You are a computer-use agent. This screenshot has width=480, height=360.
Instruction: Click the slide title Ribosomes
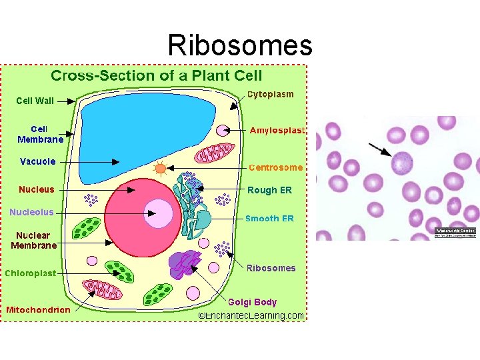tap(240, 45)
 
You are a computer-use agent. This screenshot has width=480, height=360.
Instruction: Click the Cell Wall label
tap(35, 101)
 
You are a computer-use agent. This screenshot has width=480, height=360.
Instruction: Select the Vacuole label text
tap(38, 161)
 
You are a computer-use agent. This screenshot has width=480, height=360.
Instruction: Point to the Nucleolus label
tap(31, 213)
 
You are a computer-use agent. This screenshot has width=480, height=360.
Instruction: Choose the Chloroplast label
tap(31, 273)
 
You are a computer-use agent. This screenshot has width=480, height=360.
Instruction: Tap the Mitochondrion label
tap(38, 309)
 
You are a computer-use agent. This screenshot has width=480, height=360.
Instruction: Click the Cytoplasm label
tap(271, 95)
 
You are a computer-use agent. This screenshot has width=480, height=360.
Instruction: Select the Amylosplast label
tap(277, 131)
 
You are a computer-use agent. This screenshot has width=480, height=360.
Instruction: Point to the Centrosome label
tap(275, 167)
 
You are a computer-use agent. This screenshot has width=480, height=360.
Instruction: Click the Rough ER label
tap(269, 190)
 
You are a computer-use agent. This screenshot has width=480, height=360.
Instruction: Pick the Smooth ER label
tap(269, 218)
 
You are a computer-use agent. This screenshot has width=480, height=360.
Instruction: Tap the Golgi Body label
tap(253, 302)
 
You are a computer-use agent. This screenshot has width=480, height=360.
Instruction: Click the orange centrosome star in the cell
tap(160, 169)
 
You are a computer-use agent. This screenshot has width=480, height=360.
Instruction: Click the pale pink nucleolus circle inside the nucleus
tap(159, 213)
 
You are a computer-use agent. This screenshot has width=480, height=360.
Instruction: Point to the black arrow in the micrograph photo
tap(380, 149)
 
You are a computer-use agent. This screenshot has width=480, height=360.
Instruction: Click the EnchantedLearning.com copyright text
tap(251, 315)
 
